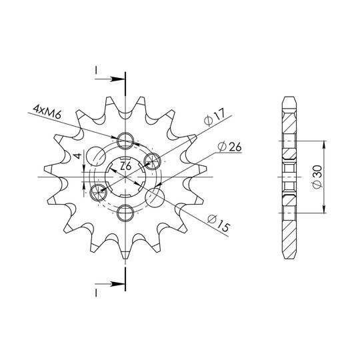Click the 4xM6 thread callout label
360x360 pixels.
coord(47,112)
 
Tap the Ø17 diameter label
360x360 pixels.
coord(215,117)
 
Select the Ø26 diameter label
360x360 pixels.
coord(229,147)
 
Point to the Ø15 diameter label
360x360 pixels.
coord(219,223)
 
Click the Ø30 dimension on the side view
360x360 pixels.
coord(318,177)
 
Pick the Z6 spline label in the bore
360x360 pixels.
coord(126,166)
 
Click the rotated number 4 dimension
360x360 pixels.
coord(78,156)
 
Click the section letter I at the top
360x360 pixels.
coord(97,71)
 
